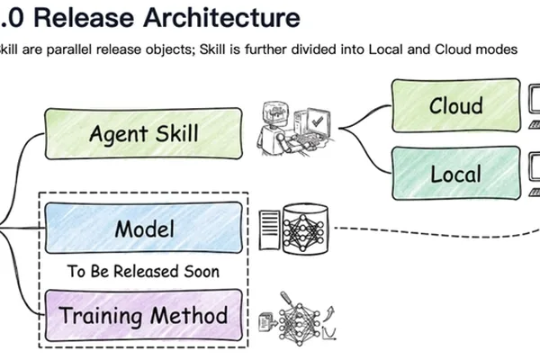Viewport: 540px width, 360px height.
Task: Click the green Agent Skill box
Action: [144, 134]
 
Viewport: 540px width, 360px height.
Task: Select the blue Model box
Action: [144, 228]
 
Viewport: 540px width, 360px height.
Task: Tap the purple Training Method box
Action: [144, 315]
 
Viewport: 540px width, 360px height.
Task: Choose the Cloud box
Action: [456, 105]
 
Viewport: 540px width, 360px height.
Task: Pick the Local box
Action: [456, 174]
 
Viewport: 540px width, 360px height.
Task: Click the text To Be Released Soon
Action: [143, 272]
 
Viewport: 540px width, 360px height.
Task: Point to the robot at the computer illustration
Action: [295, 129]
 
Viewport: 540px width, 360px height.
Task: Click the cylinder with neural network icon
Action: [305, 229]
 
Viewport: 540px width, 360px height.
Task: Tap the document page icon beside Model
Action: [270, 229]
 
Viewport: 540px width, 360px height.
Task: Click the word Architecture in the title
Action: [221, 17]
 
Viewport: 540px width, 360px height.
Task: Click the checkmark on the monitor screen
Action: [317, 121]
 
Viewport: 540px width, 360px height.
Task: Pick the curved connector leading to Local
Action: [365, 150]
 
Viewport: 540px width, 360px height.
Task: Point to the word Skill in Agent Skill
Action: [177, 133]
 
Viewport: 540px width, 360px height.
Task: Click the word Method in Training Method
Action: [189, 315]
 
